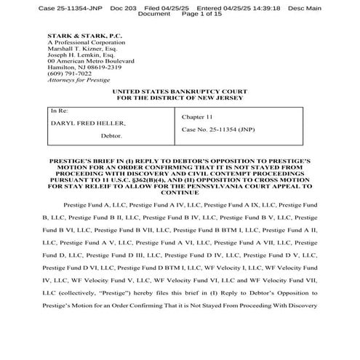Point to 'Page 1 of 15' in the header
point(192,14)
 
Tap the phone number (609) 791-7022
point(70,73)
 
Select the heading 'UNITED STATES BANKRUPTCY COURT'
point(180,92)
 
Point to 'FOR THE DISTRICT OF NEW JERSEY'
point(180,99)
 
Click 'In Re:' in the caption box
point(58,111)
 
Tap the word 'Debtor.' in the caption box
point(111,136)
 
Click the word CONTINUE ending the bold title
point(180,194)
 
